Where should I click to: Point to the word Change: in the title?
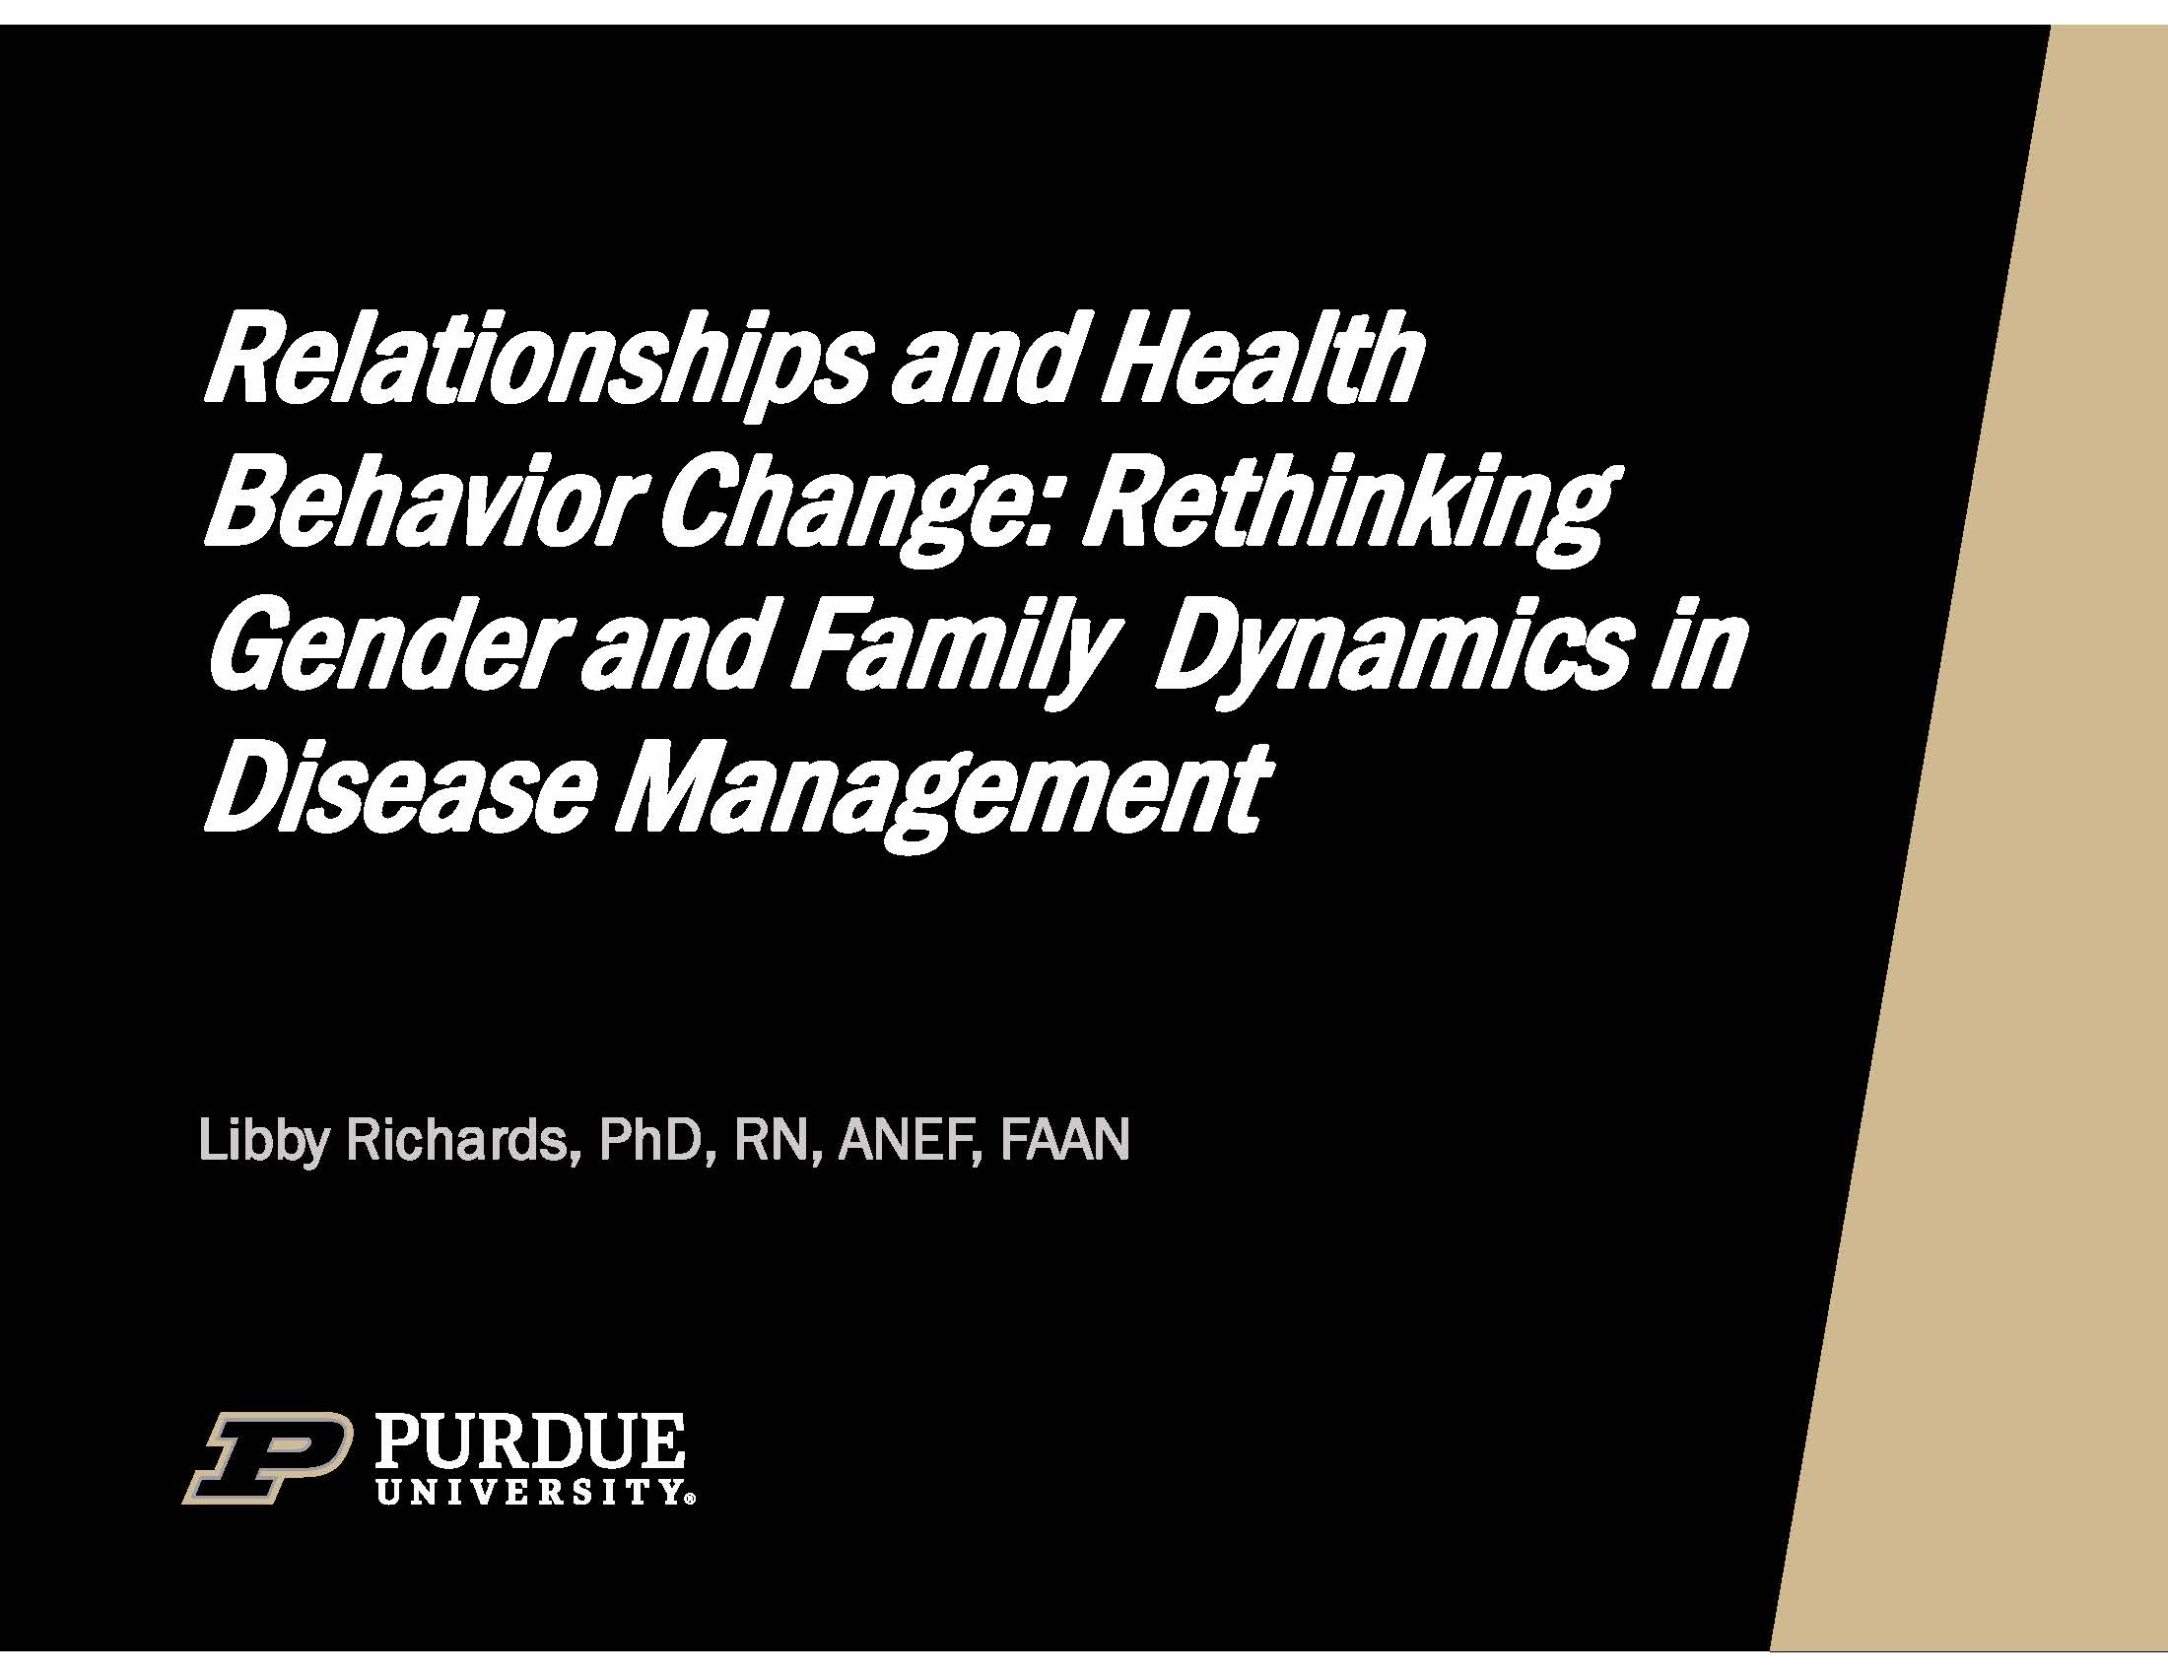[x=859, y=511]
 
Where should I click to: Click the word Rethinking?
[x=1345, y=511]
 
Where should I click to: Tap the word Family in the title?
[x=947, y=655]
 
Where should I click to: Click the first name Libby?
[x=262, y=1140]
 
